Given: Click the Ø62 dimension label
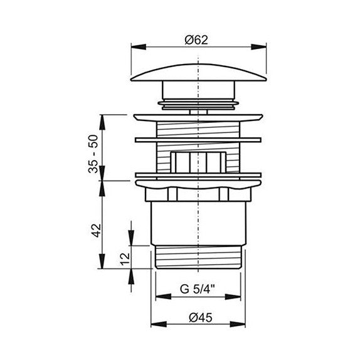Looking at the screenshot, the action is point(196,40).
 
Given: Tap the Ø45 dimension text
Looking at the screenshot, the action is point(201,318).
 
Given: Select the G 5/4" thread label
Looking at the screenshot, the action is point(198,289).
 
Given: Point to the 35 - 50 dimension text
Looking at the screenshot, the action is point(93,154).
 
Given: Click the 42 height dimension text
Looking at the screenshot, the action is point(96,230).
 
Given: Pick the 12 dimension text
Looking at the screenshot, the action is point(125,259).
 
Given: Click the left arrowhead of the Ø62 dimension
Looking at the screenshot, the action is point(138,47).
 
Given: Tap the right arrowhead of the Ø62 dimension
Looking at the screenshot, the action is point(259,47).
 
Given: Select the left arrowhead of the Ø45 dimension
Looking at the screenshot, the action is point(159,324).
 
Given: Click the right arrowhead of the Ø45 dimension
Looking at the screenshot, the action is point(238,324).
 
